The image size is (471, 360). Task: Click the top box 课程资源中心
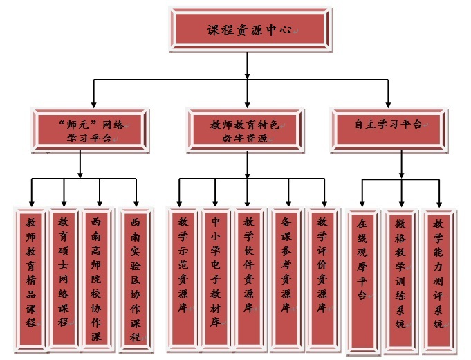point(247,31)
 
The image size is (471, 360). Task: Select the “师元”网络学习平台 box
point(91,130)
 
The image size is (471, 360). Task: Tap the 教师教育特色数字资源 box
point(246,130)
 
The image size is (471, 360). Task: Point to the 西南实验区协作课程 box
point(136,277)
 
